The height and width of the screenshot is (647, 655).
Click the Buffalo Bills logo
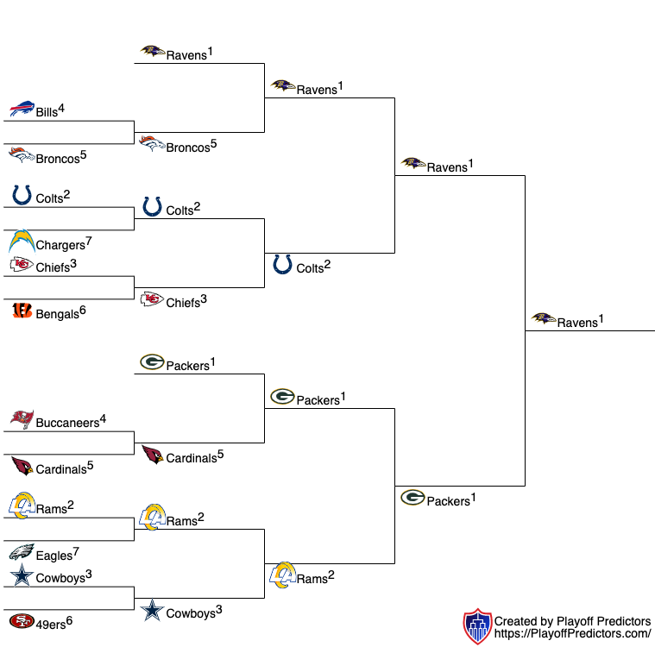point(22,110)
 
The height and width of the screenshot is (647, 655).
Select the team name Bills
point(47,112)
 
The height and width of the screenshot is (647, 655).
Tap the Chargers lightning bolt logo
point(22,242)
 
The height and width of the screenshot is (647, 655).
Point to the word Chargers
point(60,246)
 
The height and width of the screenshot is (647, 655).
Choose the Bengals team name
point(57,315)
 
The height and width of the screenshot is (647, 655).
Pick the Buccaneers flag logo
point(22,420)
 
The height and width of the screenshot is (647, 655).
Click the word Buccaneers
point(67,424)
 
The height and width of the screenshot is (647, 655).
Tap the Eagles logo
point(22,552)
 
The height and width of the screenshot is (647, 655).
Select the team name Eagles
point(54,556)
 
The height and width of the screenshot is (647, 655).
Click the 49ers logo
point(22,621)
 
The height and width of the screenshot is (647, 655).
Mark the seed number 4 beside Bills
point(62,108)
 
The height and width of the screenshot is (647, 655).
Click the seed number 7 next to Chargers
point(88,241)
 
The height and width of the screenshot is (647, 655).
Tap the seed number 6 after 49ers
point(69,619)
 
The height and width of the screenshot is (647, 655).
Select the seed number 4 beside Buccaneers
point(103,419)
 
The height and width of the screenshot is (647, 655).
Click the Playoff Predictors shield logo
point(477,626)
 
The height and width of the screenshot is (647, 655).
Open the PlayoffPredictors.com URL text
point(572,633)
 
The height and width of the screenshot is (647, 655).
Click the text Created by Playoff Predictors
point(572,621)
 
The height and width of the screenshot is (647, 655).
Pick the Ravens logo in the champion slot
point(544,319)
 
